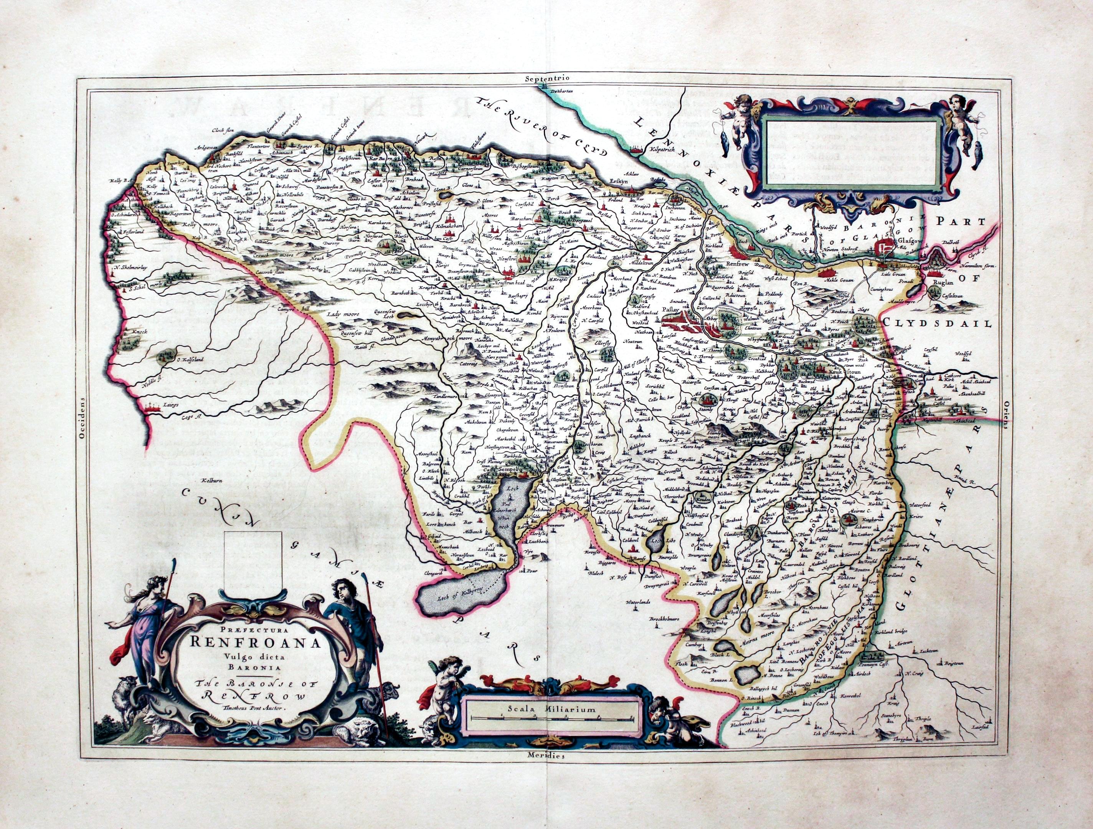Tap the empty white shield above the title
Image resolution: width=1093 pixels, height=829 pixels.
point(253,561)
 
